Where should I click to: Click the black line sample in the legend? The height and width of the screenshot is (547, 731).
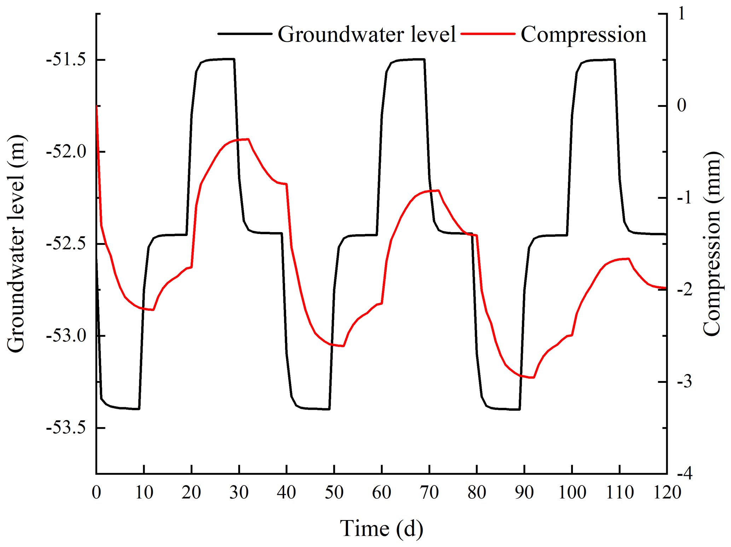click(245, 34)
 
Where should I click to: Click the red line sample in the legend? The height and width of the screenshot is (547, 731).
click(488, 34)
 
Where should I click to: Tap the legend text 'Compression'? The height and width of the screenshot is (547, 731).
click(583, 35)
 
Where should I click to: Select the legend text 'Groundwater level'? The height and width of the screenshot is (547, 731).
click(367, 35)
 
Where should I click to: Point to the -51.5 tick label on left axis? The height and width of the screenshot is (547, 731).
click(66, 60)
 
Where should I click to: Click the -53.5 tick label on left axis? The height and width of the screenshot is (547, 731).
click(66, 428)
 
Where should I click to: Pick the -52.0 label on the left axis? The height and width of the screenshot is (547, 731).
click(66, 152)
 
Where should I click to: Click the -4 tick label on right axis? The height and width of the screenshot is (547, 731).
click(685, 473)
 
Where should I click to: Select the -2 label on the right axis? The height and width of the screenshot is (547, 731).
click(685, 290)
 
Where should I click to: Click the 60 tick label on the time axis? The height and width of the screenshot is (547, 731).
click(382, 493)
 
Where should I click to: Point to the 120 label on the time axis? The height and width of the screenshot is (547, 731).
click(667, 493)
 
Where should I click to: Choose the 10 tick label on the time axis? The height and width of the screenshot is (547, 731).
click(144, 493)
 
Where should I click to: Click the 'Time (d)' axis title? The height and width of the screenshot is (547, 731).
click(381, 529)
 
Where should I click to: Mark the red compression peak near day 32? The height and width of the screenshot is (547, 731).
click(248, 139)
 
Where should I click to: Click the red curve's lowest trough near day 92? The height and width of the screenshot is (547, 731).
click(534, 378)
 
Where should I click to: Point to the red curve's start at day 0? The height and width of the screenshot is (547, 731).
click(97, 106)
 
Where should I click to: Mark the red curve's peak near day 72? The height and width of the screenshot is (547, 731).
click(439, 190)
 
